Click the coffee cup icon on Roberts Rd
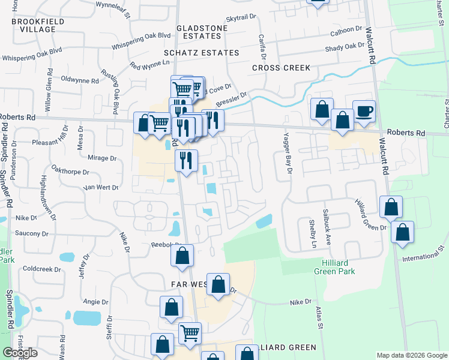pyautogui.click(x=364, y=111)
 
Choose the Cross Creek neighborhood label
pyautogui.click(x=281, y=68)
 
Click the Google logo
pyautogui.click(x=20, y=353)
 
